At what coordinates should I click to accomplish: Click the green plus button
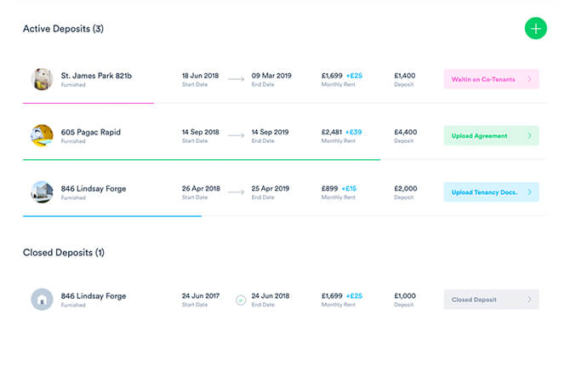coord(535,28)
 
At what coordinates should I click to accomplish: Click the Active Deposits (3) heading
coord(63,29)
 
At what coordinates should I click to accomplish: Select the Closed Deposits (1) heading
coord(63,253)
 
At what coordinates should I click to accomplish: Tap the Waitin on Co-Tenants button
coord(491,79)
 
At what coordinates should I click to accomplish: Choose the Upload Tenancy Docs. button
coord(491,192)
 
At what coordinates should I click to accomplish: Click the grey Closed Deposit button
coord(491,300)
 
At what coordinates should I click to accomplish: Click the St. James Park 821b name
coord(96,76)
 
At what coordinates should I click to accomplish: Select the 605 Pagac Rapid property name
coord(90,132)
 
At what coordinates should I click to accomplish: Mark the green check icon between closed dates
coord(241,300)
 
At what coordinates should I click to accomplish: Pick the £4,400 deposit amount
coord(405,132)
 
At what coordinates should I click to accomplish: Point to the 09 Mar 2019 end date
coord(271,76)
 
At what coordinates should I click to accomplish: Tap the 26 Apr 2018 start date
coord(200,188)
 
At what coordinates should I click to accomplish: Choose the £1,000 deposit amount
coord(405,296)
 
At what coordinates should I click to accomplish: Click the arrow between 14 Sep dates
coord(236,135)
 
